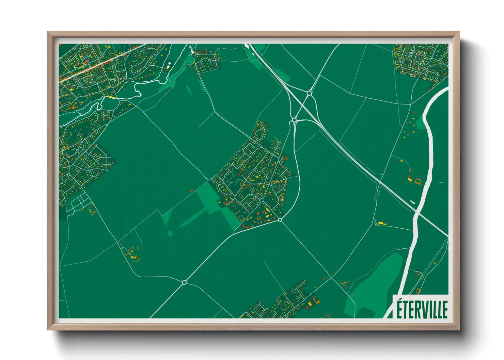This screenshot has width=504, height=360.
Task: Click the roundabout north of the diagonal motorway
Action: [x=309, y=93]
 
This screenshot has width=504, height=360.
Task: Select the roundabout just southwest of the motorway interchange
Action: [x=294, y=120]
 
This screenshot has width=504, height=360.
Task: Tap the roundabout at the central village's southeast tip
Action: [x=280, y=220]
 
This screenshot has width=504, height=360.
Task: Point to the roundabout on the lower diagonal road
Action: [x=184, y=282]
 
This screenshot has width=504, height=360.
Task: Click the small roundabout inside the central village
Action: [x=261, y=200]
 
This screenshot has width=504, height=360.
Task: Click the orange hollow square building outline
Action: [x=418, y=181]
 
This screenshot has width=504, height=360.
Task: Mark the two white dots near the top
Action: [x=169, y=65]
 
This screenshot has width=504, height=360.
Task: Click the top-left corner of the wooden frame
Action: [x=48, y=32]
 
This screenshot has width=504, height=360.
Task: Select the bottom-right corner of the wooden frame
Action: [x=459, y=330]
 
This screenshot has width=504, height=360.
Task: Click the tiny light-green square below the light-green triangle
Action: [x=170, y=233]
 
